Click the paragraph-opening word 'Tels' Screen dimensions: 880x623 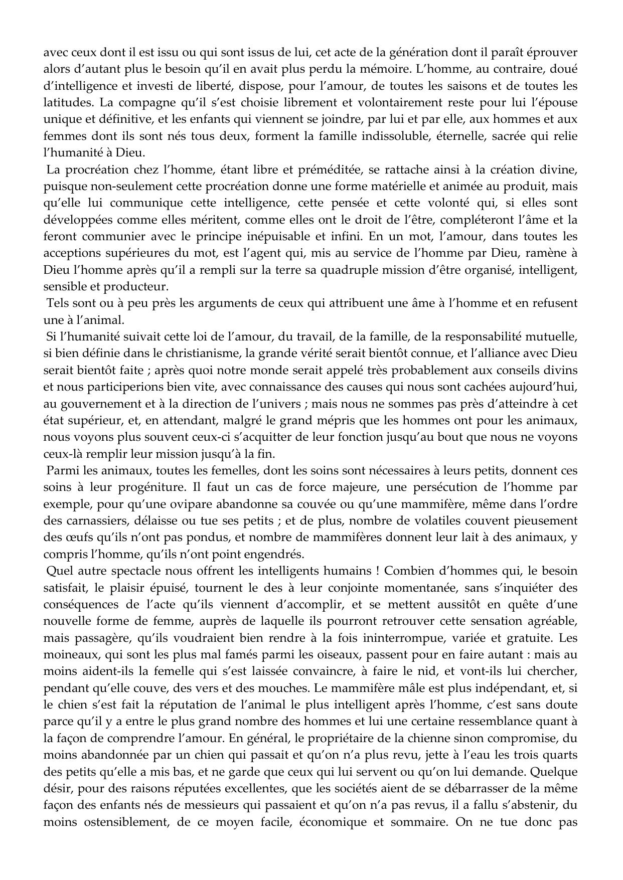[x=57, y=303]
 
